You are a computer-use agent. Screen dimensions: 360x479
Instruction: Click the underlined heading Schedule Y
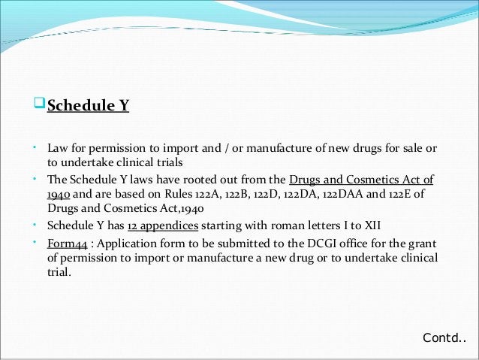[89, 106]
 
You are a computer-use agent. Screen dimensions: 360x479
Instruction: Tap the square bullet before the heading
[41, 104]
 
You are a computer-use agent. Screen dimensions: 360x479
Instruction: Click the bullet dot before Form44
[36, 242]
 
